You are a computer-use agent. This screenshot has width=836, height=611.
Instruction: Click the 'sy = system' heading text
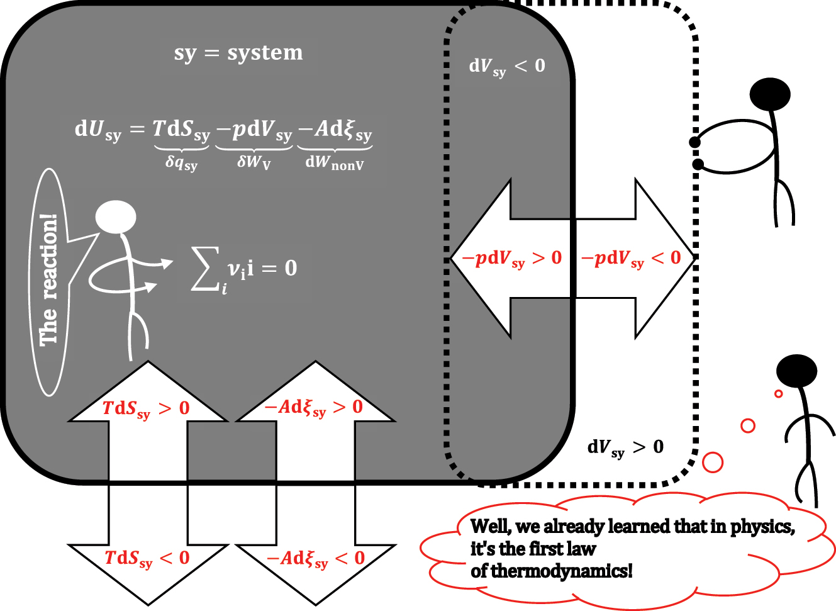[238, 53]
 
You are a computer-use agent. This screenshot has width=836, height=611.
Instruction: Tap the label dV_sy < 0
[507, 67]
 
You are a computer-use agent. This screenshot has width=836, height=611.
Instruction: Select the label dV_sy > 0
[625, 447]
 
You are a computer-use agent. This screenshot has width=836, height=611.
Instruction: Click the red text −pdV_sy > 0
[512, 259]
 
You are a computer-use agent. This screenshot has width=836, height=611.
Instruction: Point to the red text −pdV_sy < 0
[631, 259]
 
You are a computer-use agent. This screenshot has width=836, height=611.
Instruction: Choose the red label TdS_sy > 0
[146, 409]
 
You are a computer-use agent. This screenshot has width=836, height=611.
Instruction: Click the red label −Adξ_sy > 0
[314, 408]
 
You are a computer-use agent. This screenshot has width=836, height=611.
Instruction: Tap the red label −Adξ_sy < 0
[316, 559]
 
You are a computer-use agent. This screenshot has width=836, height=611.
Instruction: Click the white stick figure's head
[116, 217]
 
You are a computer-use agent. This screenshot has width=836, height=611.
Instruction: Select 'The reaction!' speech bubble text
[48, 281]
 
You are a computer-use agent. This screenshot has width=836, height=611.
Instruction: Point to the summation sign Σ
[205, 269]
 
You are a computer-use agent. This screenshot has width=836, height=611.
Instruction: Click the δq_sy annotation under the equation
[181, 163]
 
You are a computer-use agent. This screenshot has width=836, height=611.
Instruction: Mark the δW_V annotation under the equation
[254, 162]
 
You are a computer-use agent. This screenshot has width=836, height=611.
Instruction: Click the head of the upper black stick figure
[770, 94]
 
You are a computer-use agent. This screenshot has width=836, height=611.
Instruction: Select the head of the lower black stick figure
[796, 370]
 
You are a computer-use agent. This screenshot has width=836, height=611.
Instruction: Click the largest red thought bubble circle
[712, 462]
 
